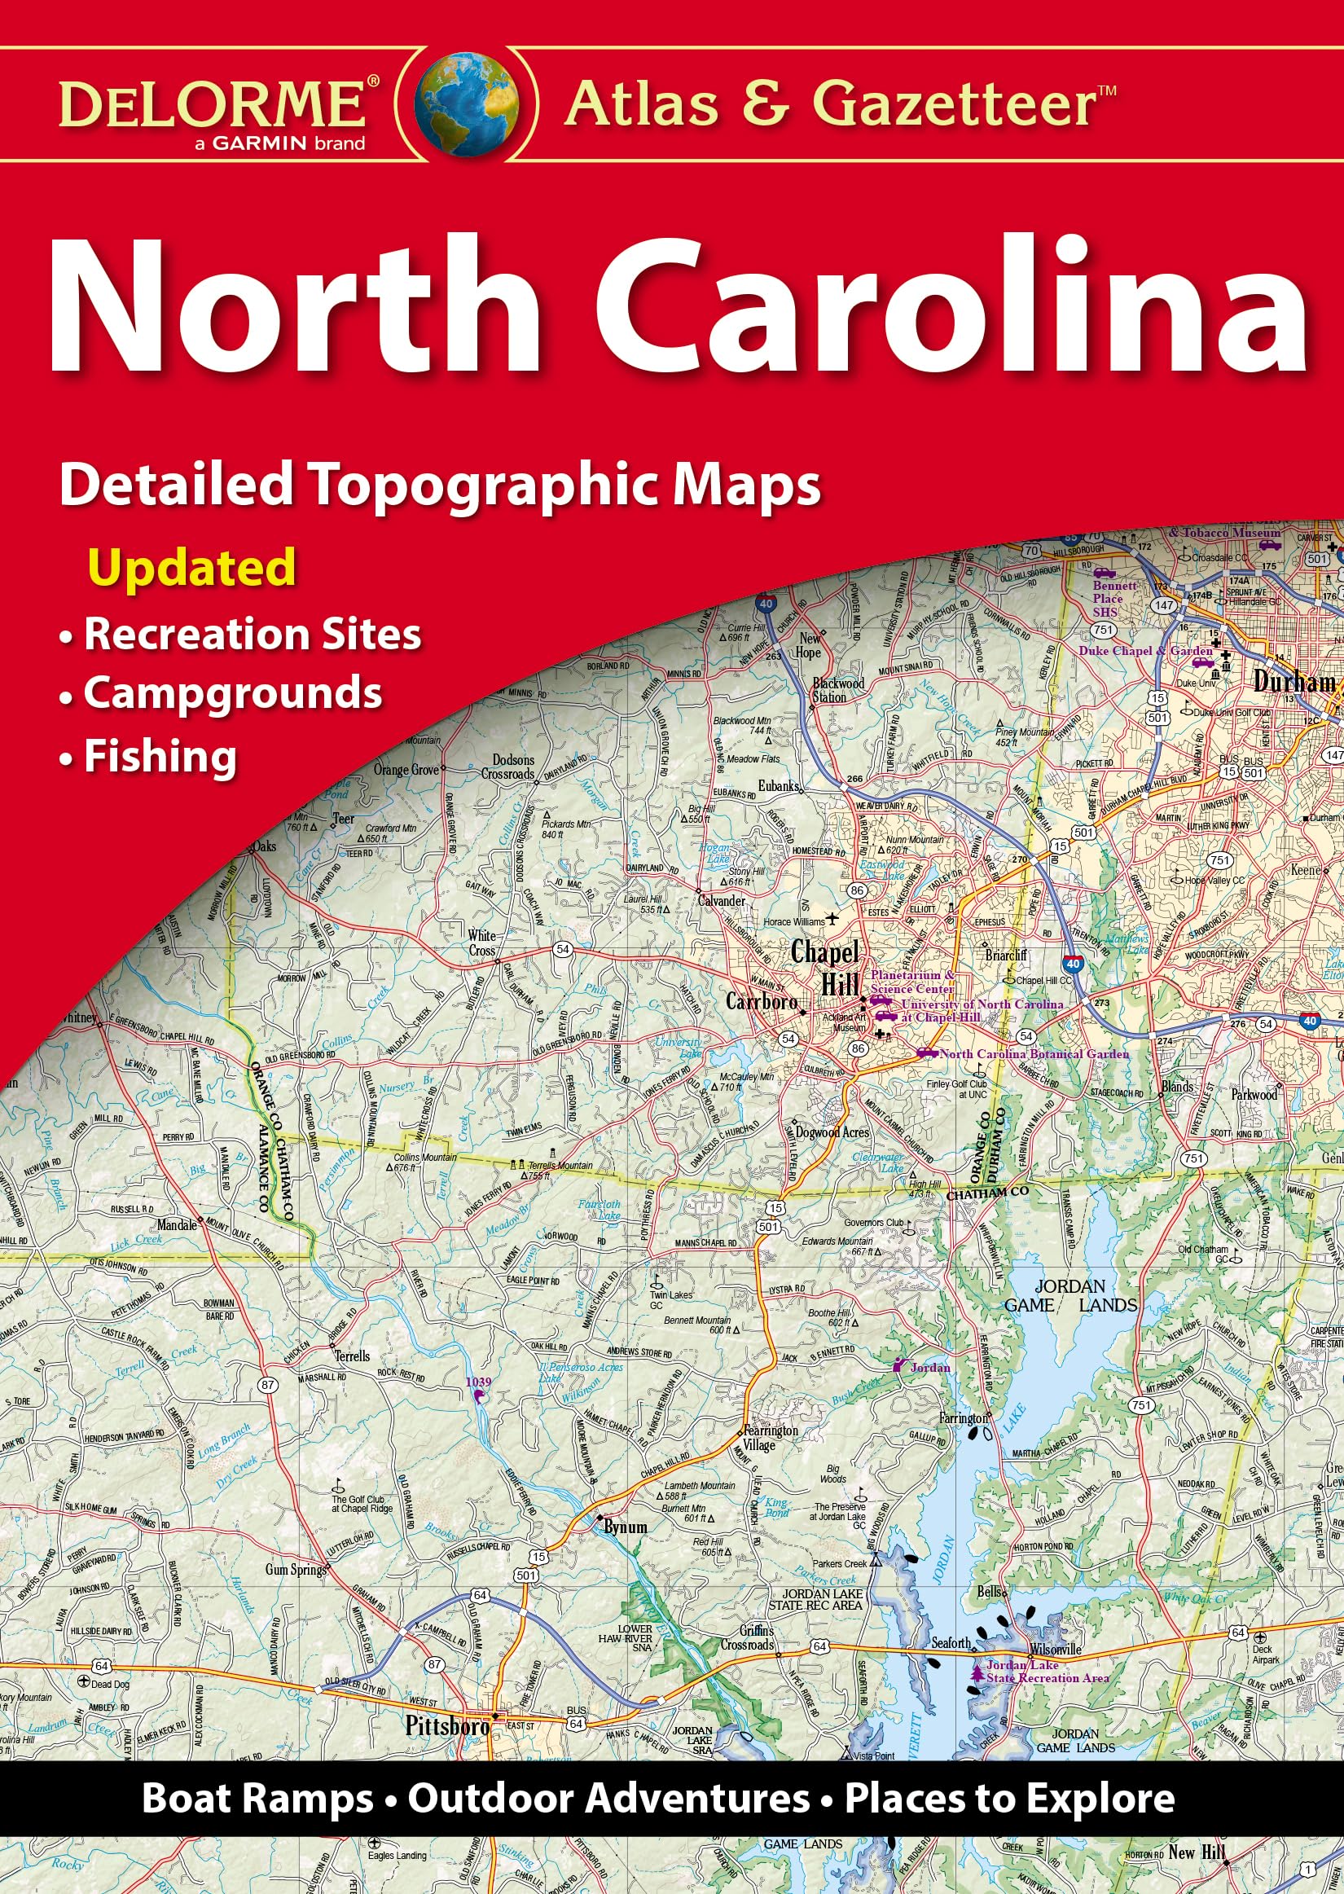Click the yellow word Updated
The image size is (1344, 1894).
(x=192, y=568)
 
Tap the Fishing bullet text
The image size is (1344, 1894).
(x=160, y=756)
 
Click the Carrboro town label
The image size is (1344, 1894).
(x=762, y=1002)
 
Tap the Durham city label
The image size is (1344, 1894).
(x=1294, y=682)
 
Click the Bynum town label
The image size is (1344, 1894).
(x=626, y=1526)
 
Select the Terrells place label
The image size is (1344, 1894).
(x=353, y=1356)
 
